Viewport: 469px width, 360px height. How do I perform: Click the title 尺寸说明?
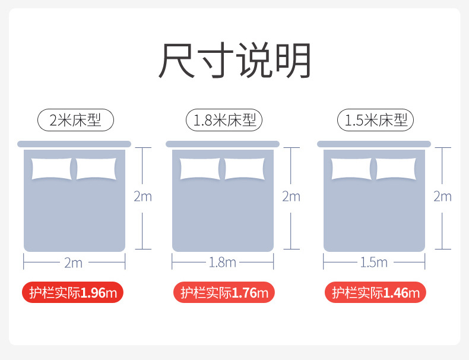(235, 61)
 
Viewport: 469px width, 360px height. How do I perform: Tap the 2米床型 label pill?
(75, 121)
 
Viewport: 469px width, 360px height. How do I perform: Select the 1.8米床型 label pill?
(224, 121)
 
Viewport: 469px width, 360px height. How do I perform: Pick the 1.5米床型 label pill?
(375, 121)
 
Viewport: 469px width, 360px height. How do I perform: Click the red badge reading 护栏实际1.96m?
(73, 292)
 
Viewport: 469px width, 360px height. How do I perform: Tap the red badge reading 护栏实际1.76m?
(224, 292)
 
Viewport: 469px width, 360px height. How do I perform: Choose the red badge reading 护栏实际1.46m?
(375, 292)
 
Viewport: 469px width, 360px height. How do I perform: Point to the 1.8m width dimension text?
(223, 262)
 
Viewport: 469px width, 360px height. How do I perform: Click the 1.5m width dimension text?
(374, 262)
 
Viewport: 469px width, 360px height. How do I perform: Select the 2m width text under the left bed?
(73, 262)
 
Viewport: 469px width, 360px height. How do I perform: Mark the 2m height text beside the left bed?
(142, 197)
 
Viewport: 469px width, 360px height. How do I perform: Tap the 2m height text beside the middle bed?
(291, 197)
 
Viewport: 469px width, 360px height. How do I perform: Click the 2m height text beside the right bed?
(442, 197)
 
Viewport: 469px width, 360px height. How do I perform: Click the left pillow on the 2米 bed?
(51, 169)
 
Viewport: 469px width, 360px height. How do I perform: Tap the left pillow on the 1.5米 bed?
(351, 169)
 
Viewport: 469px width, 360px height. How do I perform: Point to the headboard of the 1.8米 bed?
(223, 144)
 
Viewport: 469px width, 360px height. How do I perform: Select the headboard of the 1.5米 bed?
(374, 144)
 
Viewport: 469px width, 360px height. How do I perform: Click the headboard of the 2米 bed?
(74, 144)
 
